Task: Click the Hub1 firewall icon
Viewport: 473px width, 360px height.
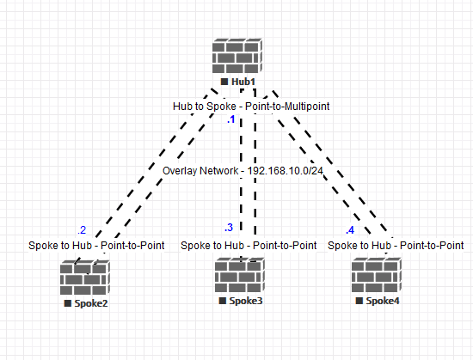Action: coord(238,56)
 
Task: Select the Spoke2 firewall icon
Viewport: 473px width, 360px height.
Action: coord(85,278)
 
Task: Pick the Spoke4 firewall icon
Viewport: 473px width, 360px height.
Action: coord(376,278)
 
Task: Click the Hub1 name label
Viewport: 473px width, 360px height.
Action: coord(244,82)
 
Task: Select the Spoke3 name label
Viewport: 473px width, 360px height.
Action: coord(245,302)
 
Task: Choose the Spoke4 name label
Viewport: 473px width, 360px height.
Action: coord(382,302)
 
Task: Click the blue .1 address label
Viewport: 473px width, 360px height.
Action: coord(230,120)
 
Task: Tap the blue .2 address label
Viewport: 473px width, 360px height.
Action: coord(82,229)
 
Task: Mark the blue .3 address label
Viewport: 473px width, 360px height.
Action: coord(228,228)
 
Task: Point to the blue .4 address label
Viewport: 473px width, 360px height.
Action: coord(349,230)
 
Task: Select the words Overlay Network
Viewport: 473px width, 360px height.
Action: coord(200,171)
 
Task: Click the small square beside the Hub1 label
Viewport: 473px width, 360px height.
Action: coord(224,82)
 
